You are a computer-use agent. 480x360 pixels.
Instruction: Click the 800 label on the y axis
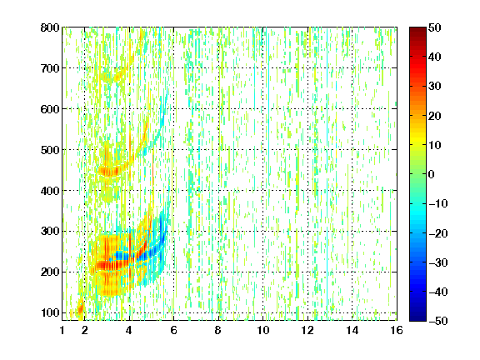(x=50, y=27)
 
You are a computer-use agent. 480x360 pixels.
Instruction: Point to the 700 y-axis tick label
(x=50, y=68)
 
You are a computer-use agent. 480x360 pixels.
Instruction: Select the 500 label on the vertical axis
(x=50, y=150)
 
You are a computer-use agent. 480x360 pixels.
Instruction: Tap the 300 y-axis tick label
(x=50, y=232)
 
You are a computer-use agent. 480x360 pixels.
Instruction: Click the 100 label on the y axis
(x=50, y=312)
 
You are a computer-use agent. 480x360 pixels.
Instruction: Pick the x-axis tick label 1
(x=62, y=330)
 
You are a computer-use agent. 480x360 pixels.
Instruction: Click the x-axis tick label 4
(x=129, y=330)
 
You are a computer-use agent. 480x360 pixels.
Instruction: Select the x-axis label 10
(x=263, y=330)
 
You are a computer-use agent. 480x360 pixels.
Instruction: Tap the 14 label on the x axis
(x=352, y=330)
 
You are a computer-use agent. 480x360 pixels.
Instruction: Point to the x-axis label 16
(x=397, y=330)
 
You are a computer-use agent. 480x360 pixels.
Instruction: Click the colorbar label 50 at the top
(x=434, y=27)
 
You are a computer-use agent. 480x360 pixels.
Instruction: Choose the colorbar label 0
(x=432, y=174)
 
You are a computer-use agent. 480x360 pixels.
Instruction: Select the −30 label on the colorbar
(x=438, y=262)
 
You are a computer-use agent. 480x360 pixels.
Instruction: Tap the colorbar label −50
(x=438, y=321)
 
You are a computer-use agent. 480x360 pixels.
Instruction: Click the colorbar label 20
(x=434, y=116)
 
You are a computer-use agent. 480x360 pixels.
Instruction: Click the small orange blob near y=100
(x=80, y=307)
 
